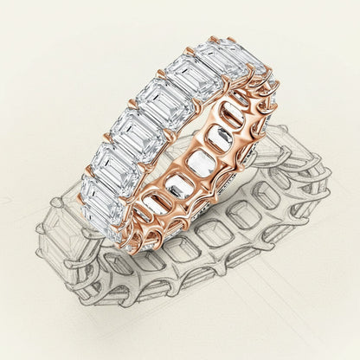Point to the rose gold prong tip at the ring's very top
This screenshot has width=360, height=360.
(x=212, y=38)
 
